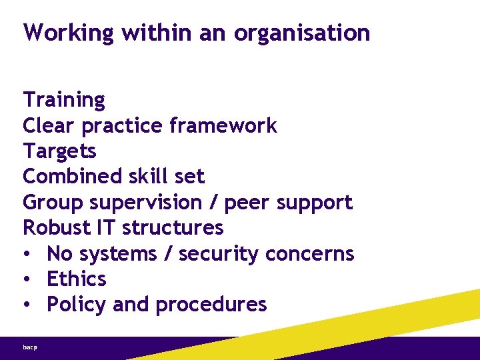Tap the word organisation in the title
302,33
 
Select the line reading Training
64,100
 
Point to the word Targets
59,151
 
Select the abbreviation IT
106,228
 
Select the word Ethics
77,279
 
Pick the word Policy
77,305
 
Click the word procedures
211,305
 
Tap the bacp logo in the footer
30,347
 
